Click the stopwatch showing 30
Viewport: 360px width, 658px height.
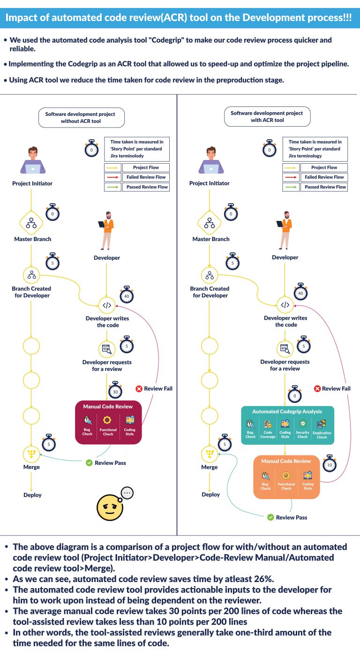[115, 391]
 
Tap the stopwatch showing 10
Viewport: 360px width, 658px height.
[330, 465]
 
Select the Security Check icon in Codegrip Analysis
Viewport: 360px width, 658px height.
[303, 424]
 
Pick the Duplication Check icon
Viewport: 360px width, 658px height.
[322, 424]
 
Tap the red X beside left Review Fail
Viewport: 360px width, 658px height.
[139, 388]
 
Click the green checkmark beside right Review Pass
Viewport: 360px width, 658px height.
[270, 517]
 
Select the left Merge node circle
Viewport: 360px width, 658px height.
[31, 454]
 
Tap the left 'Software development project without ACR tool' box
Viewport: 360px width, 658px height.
[81, 118]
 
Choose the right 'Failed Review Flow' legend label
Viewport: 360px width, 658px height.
[324, 177]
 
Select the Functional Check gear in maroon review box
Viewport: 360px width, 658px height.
[108, 420]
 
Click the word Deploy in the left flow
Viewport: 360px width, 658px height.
[33, 495]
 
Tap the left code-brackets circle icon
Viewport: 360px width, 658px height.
[107, 305]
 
